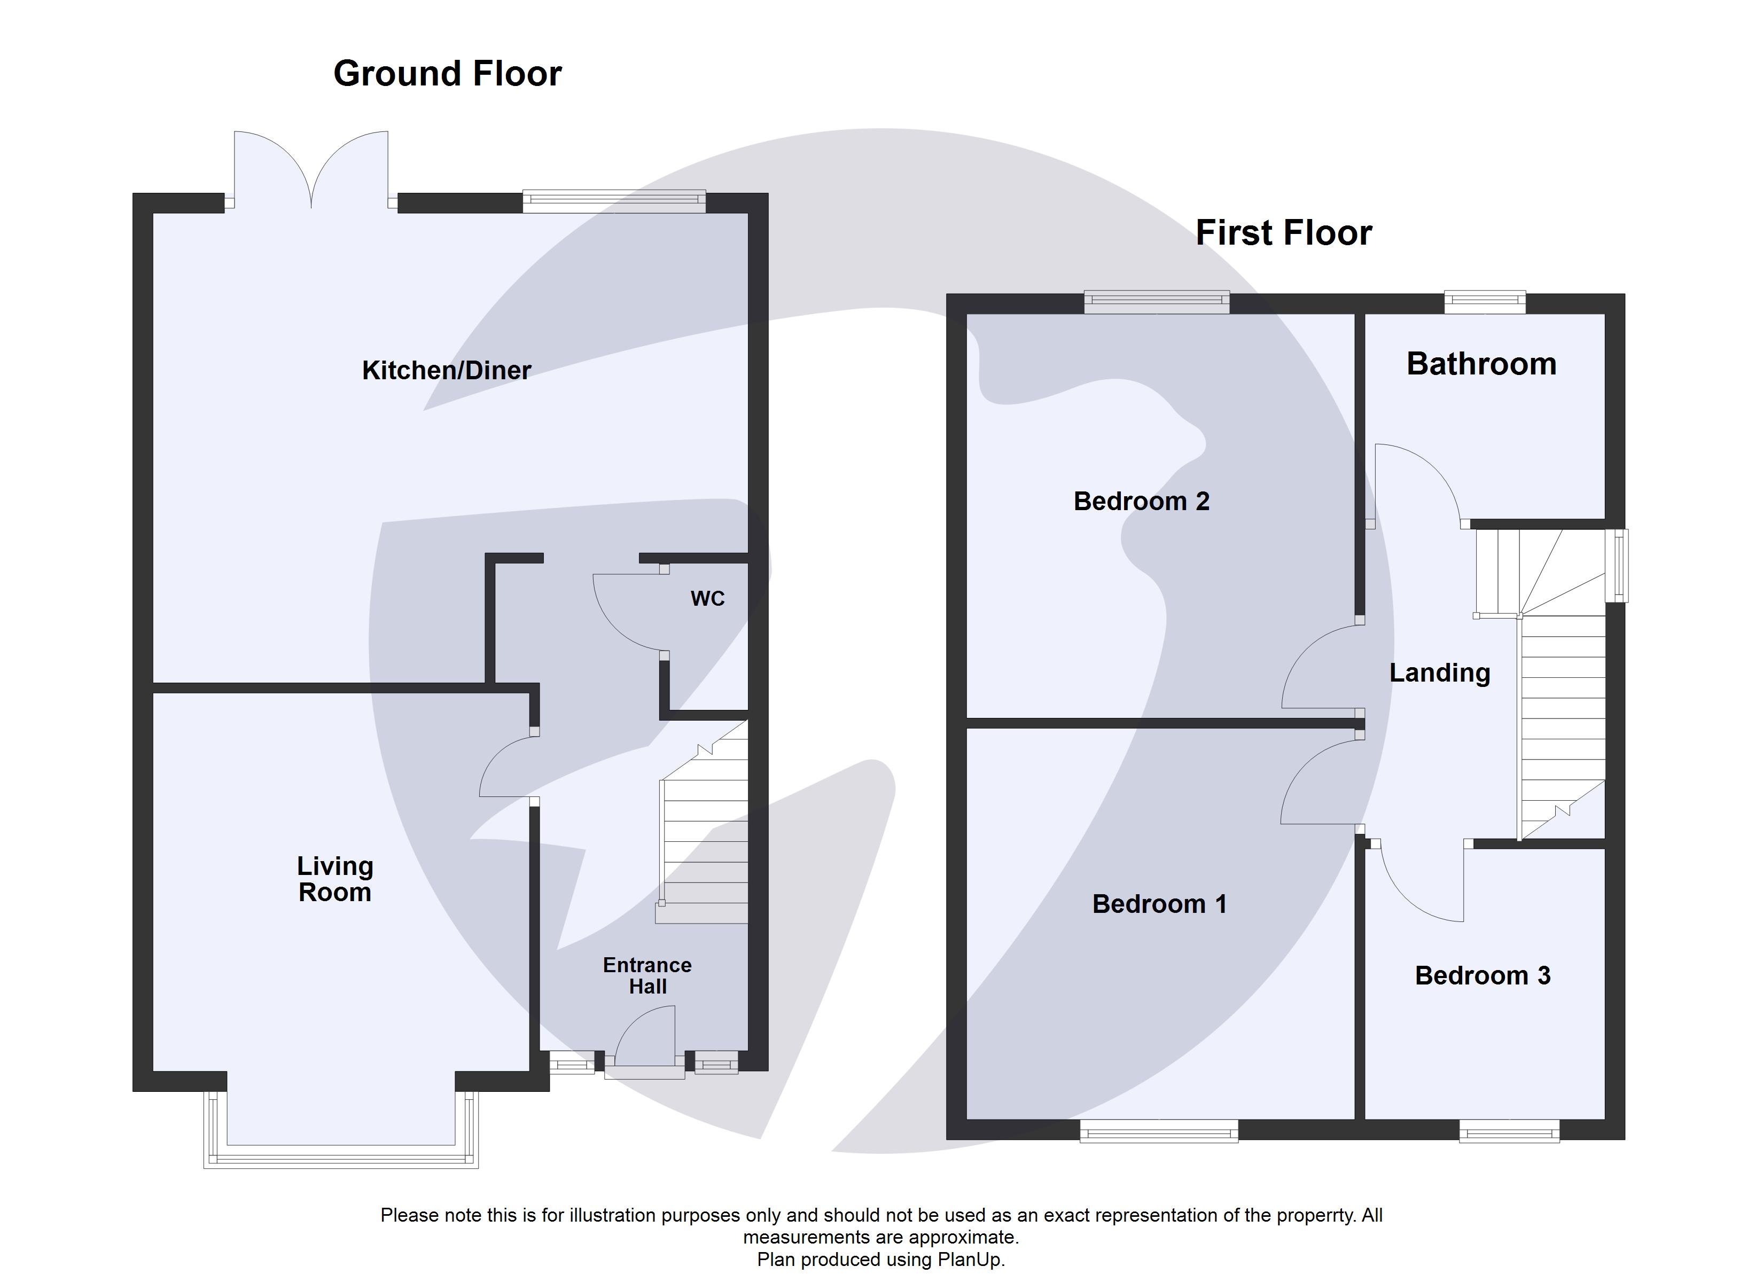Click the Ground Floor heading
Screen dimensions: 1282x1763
pos(447,74)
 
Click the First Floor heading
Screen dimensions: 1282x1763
pos(1283,233)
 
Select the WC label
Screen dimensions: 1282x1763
pos(707,599)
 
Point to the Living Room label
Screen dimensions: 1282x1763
pos(335,879)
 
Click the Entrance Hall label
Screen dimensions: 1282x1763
pos(647,976)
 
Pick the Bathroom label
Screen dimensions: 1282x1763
pos(1481,364)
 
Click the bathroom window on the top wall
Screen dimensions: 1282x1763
pos(1484,302)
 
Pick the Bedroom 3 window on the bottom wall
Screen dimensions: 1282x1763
pos(1508,1132)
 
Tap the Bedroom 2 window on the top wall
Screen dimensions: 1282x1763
pos(1156,302)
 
